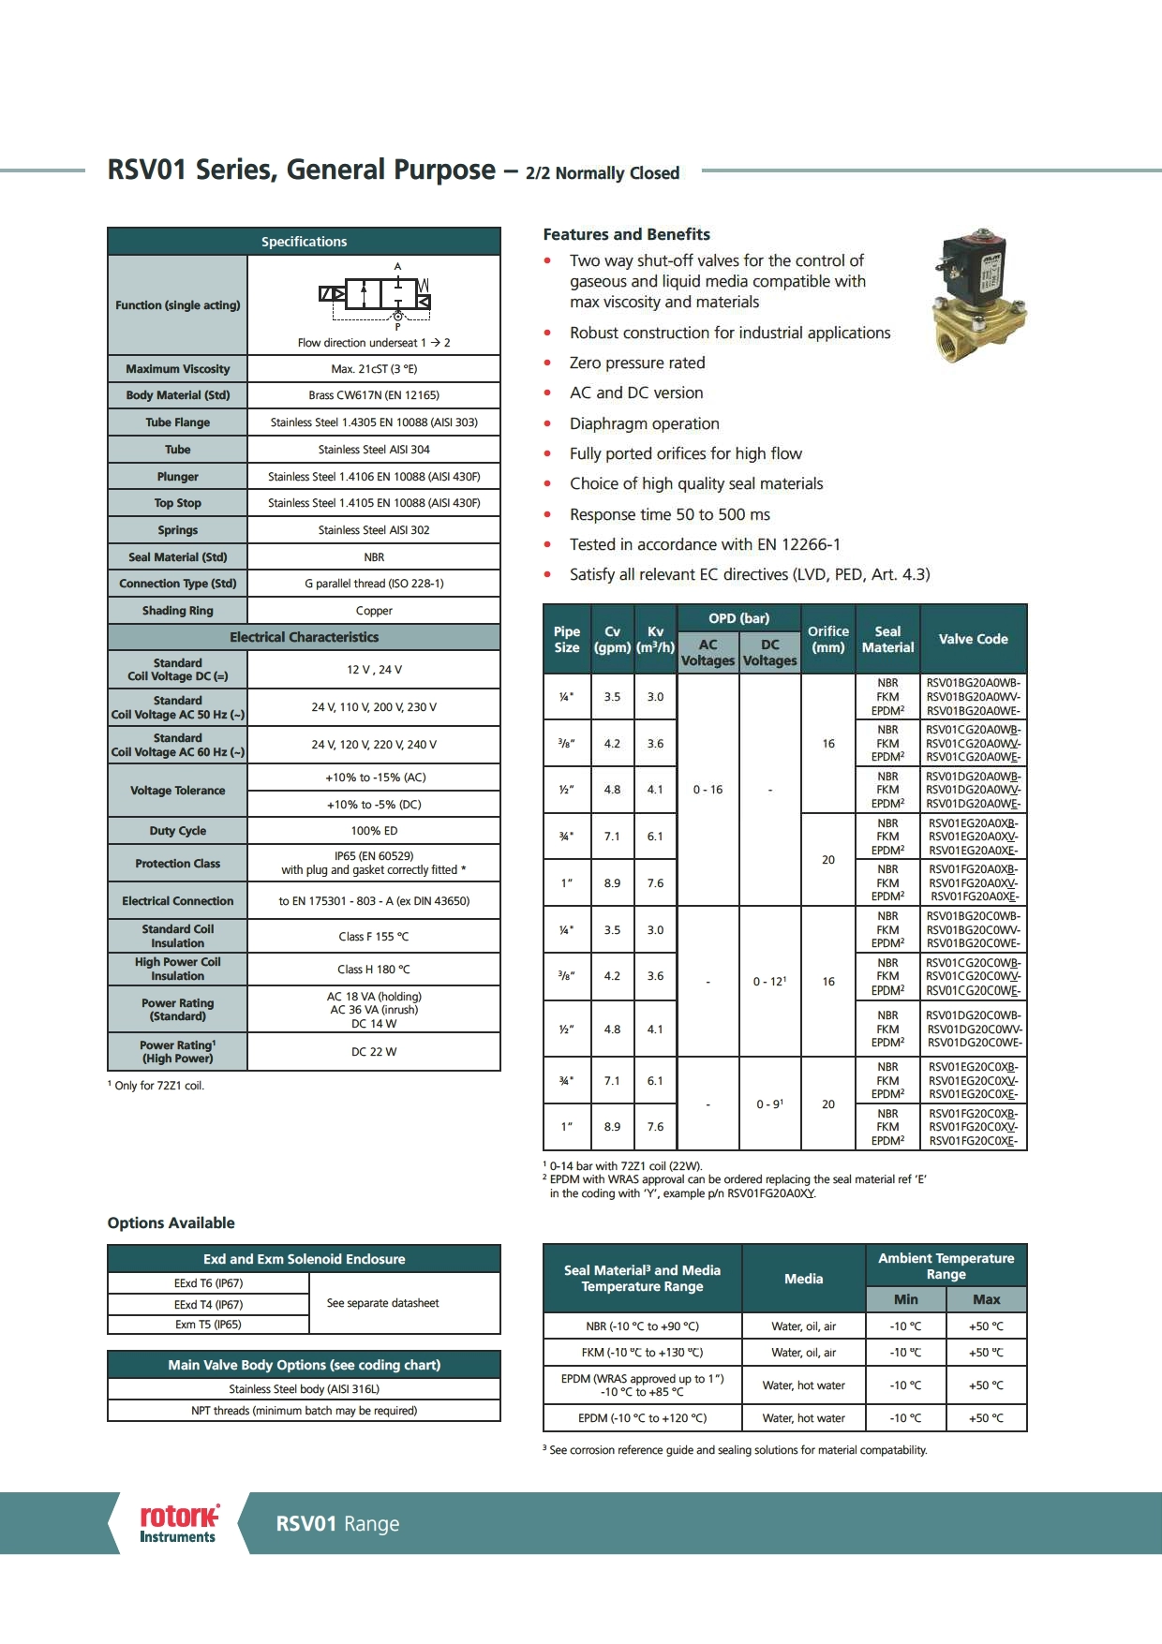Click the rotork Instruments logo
coord(178,1523)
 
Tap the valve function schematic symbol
coord(375,295)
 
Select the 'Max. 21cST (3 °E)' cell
coord(374,369)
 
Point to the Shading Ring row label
coord(177,611)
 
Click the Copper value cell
coord(374,611)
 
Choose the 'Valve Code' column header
coord(973,639)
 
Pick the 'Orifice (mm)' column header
coord(827,639)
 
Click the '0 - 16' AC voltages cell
coord(708,790)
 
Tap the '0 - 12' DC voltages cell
coord(769,981)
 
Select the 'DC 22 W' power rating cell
coord(374,1052)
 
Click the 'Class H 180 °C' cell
coord(374,970)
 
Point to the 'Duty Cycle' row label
coord(177,831)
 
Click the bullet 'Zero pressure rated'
coord(637,363)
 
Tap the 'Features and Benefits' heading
coord(626,234)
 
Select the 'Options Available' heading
coord(171,1223)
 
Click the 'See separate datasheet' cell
coord(382,1303)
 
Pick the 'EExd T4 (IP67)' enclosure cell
coord(208,1305)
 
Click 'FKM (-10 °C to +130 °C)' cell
coord(642,1353)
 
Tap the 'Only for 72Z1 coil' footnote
coord(157,1086)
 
